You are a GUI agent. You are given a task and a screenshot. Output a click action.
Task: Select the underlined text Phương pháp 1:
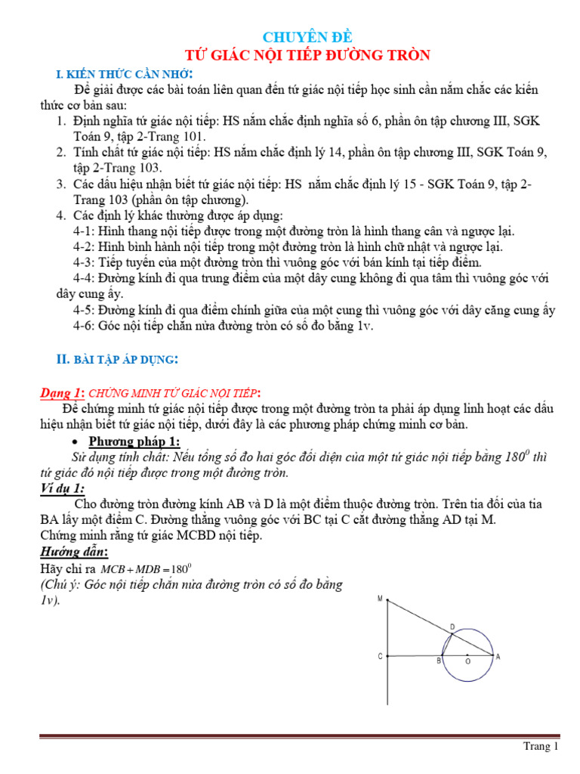[x=134, y=442]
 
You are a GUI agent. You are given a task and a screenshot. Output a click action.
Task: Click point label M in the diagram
[x=380, y=599]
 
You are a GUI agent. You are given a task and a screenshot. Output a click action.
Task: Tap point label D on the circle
[x=452, y=627]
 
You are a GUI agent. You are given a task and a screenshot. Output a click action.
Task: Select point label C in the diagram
[x=380, y=657]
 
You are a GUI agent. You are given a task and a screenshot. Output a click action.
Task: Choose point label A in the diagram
[x=497, y=657]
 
